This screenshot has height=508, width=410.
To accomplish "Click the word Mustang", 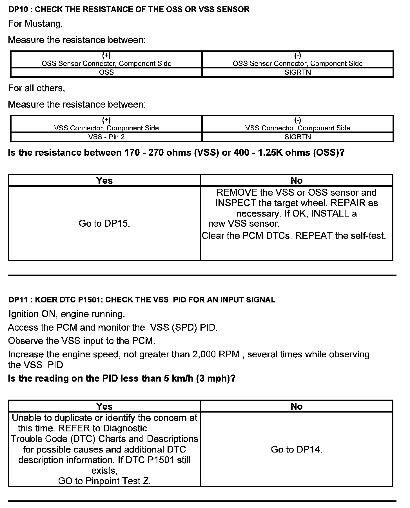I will (43, 24).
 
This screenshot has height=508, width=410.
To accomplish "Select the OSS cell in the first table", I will (106, 72).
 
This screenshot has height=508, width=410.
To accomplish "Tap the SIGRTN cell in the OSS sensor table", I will (298, 72).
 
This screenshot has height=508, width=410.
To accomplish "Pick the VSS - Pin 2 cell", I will (106, 137).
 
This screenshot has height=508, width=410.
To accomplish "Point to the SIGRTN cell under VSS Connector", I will (298, 137).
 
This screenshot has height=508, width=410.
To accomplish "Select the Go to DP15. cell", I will (104, 224).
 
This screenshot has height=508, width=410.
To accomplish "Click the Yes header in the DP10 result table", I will (104, 181).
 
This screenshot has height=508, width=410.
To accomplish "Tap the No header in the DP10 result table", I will (297, 181).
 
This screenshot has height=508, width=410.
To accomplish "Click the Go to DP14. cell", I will (297, 449).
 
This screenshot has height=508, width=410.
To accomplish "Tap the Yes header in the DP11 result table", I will (104, 406).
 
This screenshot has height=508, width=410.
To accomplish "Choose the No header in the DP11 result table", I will (297, 406).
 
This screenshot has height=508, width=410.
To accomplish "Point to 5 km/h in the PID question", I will (179, 378).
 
